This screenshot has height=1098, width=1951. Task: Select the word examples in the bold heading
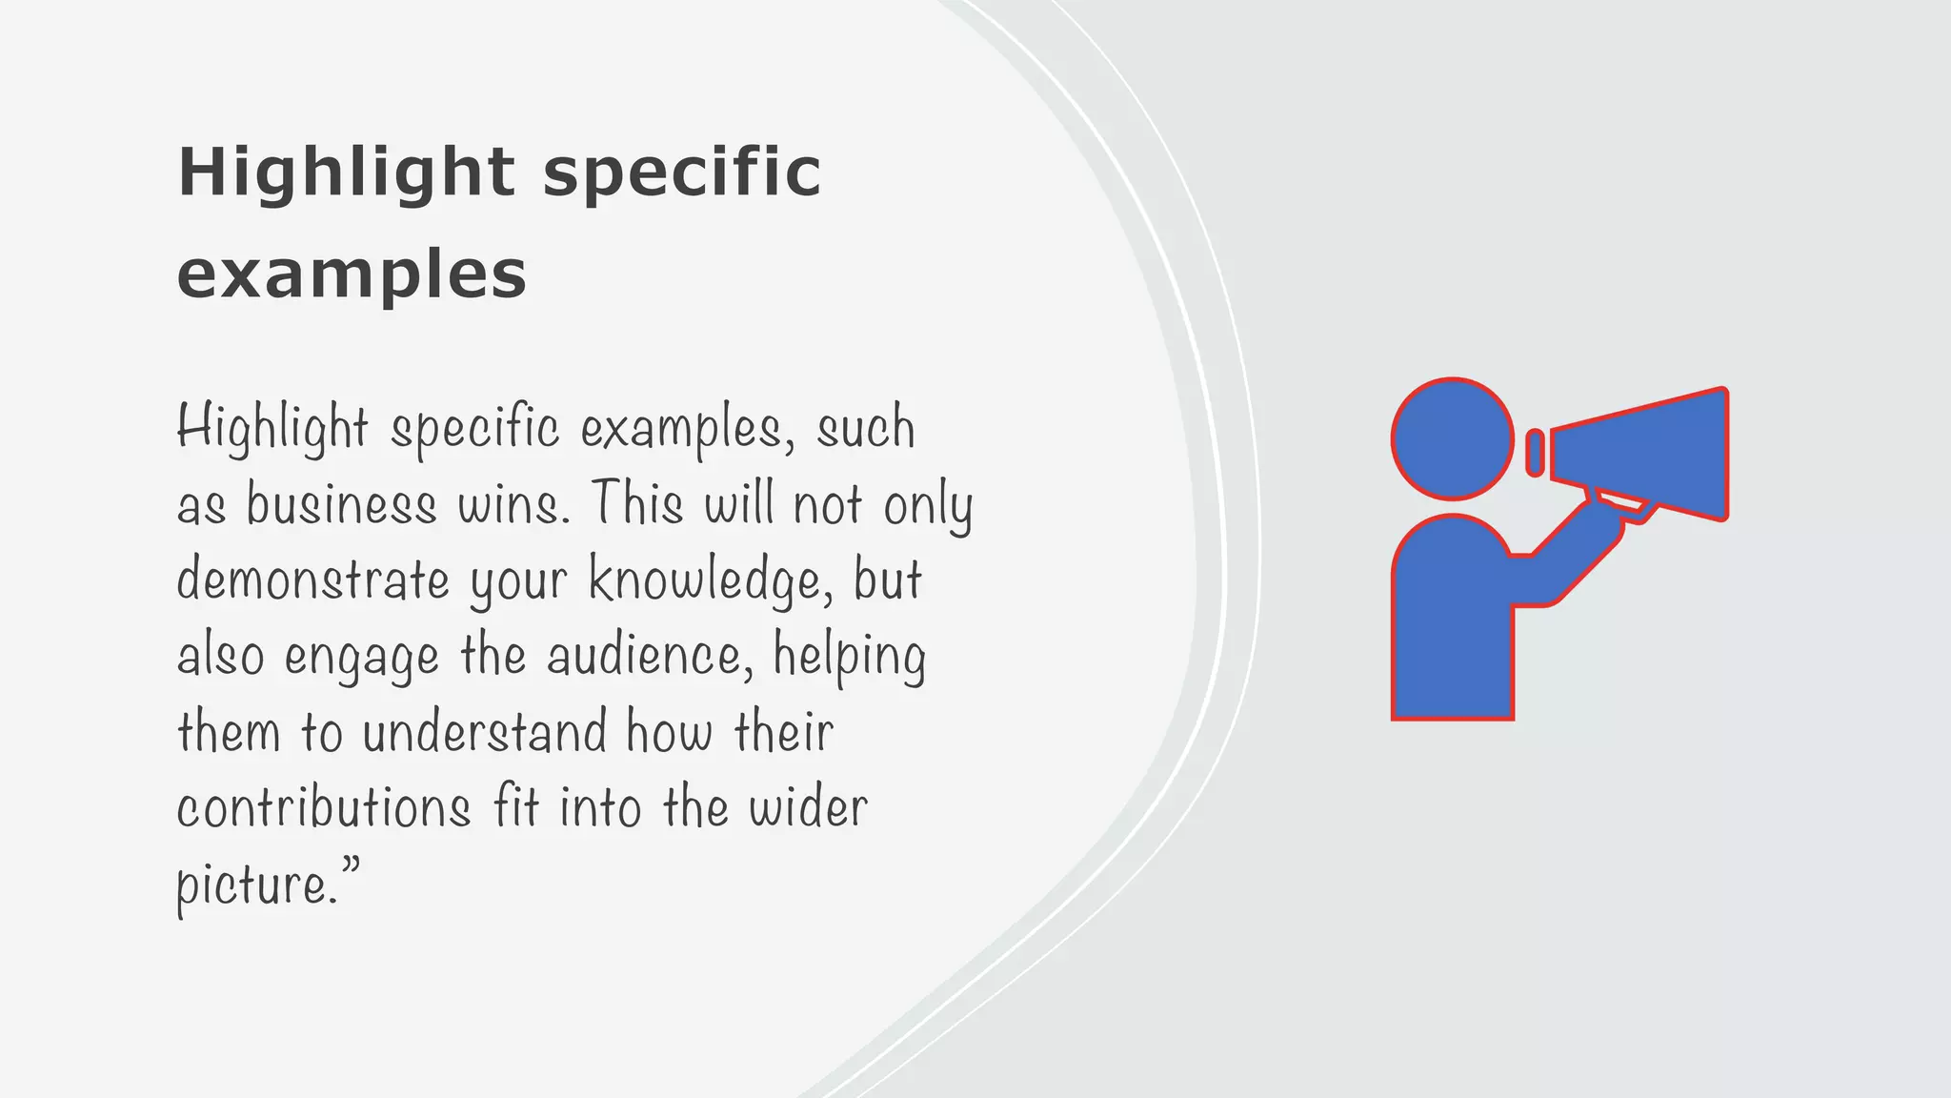point(352,274)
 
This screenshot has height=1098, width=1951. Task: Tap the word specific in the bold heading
point(681,174)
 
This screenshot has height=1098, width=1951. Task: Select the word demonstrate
point(312,579)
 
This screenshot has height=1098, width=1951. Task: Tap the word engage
point(362,658)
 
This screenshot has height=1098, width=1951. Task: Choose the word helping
point(849,656)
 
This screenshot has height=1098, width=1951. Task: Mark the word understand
point(484,732)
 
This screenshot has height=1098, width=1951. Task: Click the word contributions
point(323,808)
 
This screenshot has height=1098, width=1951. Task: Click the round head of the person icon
point(1452,438)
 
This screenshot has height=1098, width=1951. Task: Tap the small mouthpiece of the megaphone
point(1535,453)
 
